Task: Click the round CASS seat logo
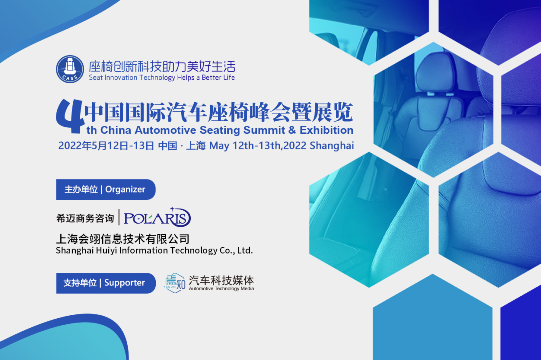point(70,69)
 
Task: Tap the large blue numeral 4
point(71,116)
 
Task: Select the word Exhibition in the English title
point(327,130)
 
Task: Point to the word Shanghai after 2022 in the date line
point(332,146)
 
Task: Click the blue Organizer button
point(106,189)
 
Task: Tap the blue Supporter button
point(106,283)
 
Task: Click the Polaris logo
point(157,217)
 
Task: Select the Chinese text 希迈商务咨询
point(85,218)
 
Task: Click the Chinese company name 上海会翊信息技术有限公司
point(123,239)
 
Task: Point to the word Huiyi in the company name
point(106,251)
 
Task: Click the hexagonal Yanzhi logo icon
point(175,283)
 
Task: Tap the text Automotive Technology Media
point(221,288)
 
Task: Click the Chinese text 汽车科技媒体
point(221,280)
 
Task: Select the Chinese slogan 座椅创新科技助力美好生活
point(162,66)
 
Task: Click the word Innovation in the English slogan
point(121,77)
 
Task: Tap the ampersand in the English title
point(292,130)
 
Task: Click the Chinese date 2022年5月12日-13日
point(106,146)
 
